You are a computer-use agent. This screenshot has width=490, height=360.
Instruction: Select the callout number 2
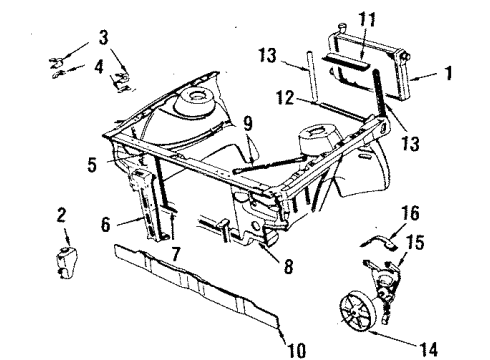[x=61, y=215]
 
